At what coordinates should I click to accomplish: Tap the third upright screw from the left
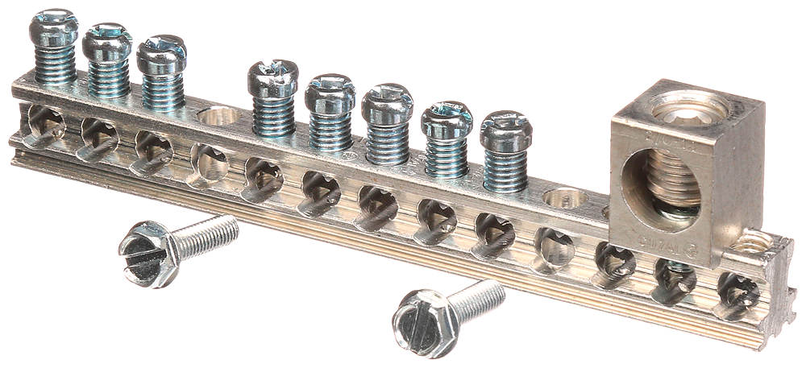(161, 53)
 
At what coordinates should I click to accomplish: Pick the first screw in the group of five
(272, 77)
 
